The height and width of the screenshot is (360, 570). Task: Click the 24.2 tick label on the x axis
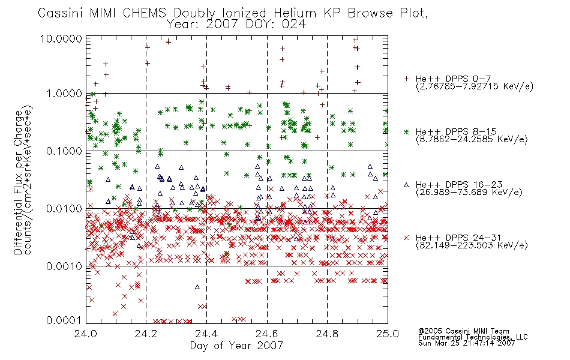[146, 334]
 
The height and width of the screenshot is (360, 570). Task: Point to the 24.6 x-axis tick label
[267, 334]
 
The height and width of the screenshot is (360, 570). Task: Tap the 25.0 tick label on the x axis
[388, 334]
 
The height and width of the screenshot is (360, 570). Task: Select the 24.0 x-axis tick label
[85, 334]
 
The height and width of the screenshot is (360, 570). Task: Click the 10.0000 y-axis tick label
[61, 38]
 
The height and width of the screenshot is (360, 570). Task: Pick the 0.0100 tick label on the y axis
[64, 209]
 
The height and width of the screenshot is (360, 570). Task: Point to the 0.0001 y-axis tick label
[64, 320]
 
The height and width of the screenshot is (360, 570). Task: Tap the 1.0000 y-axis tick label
[64, 94]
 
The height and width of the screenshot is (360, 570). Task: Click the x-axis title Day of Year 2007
[236, 346]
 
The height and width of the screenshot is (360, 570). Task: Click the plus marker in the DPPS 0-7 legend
[406, 78]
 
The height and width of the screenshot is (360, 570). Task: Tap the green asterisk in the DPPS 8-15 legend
[406, 131]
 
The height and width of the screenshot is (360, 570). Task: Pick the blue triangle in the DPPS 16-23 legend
[406, 185]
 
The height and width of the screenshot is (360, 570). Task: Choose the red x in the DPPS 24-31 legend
[406, 238]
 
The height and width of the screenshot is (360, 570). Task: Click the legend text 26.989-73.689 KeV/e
[469, 192]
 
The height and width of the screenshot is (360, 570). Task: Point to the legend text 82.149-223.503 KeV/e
[472, 245]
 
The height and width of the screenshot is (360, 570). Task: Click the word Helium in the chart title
[295, 13]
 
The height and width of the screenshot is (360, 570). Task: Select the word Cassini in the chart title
[61, 13]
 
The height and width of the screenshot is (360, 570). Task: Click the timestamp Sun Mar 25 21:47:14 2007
[466, 343]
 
